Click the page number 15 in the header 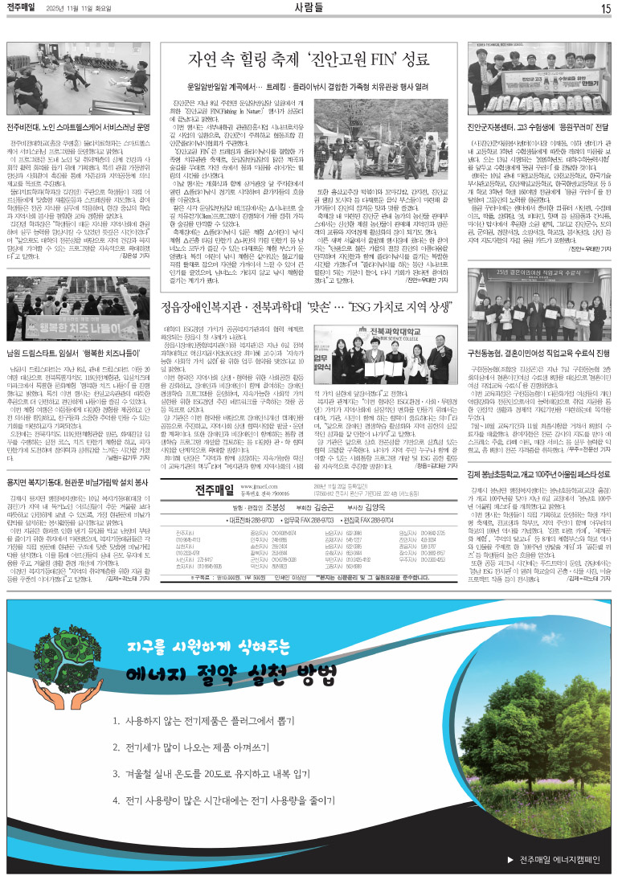pos(605,8)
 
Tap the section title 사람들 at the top pos(309,8)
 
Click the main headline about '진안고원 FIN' pos(308,59)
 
